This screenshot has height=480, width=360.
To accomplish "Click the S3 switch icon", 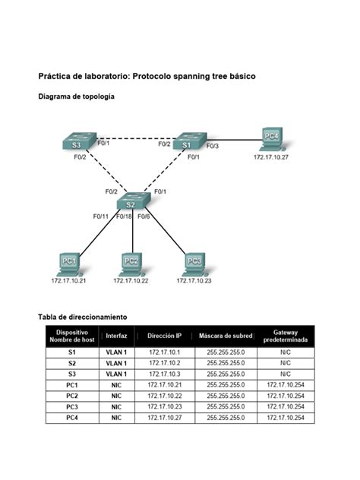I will coord(77,143).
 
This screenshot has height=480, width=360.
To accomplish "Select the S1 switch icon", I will coord(186,143).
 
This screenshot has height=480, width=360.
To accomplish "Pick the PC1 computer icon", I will coord(68,263).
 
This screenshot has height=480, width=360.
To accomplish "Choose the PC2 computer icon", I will coord(131,263).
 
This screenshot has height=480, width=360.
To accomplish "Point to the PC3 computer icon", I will coord(194,263).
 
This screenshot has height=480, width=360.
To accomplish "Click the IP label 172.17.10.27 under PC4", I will coord(271,157).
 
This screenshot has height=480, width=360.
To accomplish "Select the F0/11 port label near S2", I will coord(102,216).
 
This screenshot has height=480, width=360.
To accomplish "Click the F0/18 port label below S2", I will coord(124,216).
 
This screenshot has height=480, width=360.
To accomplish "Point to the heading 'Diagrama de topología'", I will coord(77,96).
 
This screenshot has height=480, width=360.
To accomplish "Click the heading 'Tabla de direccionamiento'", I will coord(83,316).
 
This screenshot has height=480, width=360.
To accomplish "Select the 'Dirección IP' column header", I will coord(164,336).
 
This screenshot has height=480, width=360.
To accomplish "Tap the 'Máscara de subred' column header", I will coord(226,336).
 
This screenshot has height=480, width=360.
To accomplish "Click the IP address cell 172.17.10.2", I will coord(164,364).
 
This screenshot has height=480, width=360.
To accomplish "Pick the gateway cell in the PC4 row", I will coord(285,418).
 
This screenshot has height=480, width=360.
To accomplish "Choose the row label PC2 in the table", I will coord(72,396).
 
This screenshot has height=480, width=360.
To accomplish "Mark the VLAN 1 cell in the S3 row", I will coord(116,374).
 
